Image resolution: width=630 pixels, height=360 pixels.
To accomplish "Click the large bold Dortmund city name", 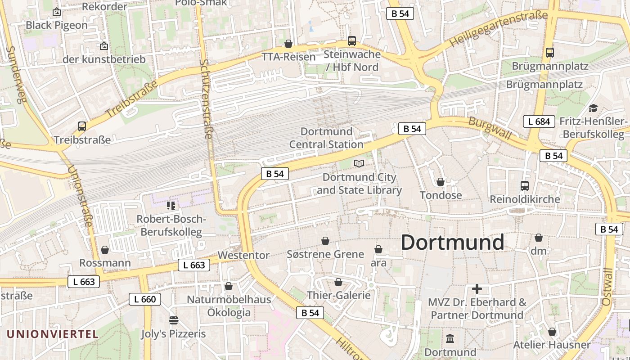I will tap(452, 243).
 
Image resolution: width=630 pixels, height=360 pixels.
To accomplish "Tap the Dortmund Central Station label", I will tap(326, 138).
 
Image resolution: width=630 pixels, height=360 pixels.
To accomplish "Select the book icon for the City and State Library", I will tap(359, 163).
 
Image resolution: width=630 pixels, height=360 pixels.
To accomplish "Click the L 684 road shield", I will tap(539, 121).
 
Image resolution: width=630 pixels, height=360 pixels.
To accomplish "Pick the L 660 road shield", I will tap(145, 299).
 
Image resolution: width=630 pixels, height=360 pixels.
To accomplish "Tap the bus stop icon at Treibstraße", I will tap(81, 126).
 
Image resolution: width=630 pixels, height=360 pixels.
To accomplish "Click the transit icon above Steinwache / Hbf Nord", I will tap(352, 41).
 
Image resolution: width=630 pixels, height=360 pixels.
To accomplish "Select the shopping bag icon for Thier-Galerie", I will tap(338, 282).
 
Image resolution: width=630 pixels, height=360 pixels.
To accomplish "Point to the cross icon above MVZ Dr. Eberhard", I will tap(477, 288).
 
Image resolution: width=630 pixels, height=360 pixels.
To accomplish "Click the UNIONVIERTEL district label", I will tap(53, 334).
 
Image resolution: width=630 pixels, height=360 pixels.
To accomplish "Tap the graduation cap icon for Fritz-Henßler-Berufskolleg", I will tap(593, 108).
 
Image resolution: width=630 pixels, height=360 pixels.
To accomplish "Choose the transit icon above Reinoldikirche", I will tap(525, 185).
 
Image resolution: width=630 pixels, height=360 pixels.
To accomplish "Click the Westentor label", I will tap(243, 255).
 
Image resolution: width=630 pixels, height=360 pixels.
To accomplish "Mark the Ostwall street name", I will tap(607, 287).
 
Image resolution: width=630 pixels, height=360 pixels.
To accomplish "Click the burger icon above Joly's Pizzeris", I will tap(174, 320).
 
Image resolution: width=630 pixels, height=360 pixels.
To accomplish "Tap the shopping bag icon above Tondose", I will tap(441, 182).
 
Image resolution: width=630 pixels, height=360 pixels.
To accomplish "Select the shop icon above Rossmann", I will tap(105, 249).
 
